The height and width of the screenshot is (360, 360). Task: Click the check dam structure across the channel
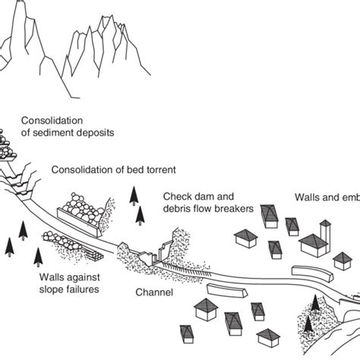(163, 253)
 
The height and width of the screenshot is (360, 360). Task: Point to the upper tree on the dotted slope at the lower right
(314, 303)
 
